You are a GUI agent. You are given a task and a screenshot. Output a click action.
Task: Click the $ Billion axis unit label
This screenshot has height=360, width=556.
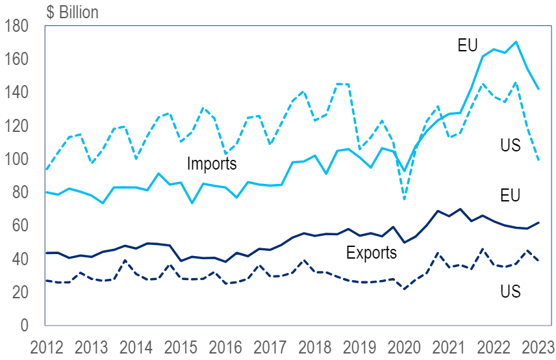click(72, 12)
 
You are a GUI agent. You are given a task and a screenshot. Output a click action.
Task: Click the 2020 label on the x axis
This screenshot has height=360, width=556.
click(404, 345)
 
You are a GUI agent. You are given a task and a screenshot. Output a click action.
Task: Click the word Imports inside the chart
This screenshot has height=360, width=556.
click(212, 163)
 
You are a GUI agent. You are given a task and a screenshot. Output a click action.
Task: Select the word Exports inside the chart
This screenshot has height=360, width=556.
click(371, 252)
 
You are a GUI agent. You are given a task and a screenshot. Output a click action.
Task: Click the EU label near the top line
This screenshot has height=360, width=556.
click(468, 45)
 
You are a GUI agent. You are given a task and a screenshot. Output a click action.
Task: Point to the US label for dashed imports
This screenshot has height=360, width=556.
click(511, 146)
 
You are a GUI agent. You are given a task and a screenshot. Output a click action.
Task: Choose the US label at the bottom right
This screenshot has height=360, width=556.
click(511, 292)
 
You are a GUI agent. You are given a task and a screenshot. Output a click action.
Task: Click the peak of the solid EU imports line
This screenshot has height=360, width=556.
click(515, 42)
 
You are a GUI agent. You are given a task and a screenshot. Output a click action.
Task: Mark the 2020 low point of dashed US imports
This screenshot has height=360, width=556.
click(404, 199)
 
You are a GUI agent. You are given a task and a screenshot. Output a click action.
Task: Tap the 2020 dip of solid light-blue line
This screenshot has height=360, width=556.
click(404, 171)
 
